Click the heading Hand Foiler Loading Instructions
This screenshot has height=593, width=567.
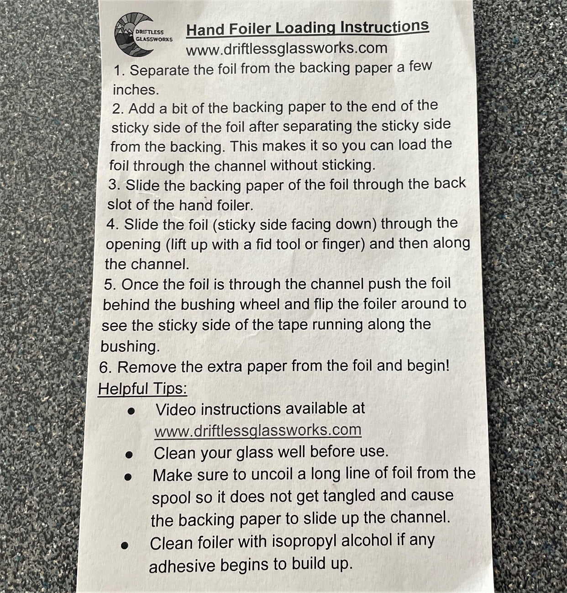coord(308,28)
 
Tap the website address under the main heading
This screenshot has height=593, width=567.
coord(287,49)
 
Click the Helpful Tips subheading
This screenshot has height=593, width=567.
coord(142,388)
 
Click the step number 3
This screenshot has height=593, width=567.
coord(113,185)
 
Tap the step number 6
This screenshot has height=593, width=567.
coord(105,368)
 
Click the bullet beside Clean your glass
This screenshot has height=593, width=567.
coord(129,455)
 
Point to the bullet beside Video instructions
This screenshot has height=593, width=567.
coord(131,411)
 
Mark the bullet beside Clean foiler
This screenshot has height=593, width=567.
coord(125,545)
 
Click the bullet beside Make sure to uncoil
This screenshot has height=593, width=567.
coord(128,477)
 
